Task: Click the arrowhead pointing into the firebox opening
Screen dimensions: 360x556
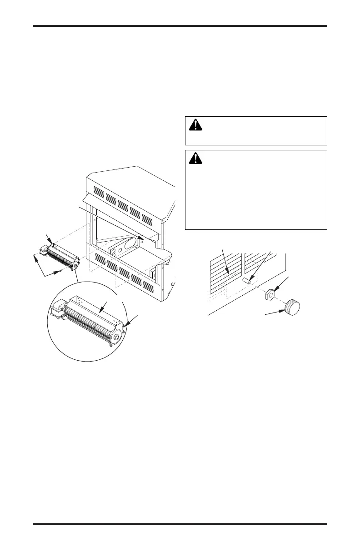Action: click(142, 237)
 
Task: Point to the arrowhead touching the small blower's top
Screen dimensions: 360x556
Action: click(53, 244)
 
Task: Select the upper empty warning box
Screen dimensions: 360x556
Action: click(256, 131)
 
